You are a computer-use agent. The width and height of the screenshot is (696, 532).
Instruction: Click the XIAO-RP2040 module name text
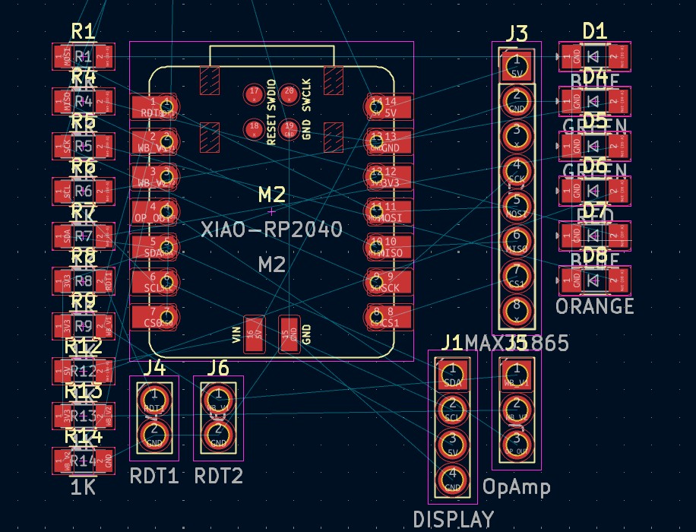pos(271,229)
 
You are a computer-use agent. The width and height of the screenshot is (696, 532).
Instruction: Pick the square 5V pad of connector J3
pos(517,61)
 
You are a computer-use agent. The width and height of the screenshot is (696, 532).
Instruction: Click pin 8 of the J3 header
pos(517,308)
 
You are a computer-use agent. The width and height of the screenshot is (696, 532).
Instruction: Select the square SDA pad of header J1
pos(453,370)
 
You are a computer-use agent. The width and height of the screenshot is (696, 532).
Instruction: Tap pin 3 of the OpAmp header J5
pos(517,441)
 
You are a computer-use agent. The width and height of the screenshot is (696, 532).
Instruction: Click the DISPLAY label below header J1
pos(453,520)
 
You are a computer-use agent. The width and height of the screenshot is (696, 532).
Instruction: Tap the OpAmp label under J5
pos(517,486)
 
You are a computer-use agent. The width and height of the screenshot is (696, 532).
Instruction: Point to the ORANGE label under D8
pos(595,306)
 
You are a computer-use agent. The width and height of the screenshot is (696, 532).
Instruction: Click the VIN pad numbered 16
pos(254,334)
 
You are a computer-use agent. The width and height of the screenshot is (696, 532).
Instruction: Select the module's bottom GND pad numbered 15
pos(289,334)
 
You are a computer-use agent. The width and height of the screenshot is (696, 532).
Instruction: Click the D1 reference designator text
pos(595,30)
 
